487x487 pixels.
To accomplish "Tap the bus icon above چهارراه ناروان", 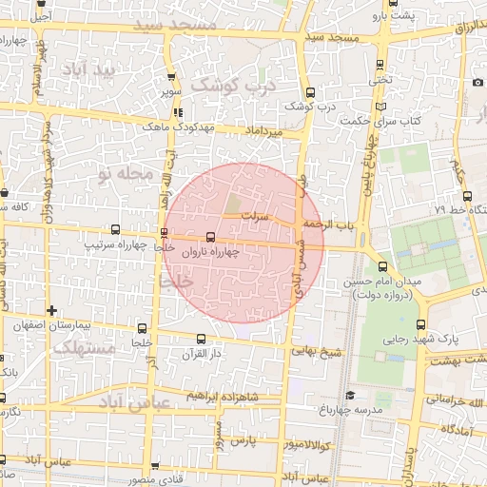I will (x=210, y=237).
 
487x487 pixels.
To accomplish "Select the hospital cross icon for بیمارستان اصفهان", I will (x=51, y=310).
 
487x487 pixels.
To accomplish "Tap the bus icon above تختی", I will (x=380, y=65).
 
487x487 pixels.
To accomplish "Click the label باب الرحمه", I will (x=328, y=224).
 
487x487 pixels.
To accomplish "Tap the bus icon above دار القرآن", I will (x=200, y=339).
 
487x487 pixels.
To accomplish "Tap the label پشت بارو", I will (x=393, y=17).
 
